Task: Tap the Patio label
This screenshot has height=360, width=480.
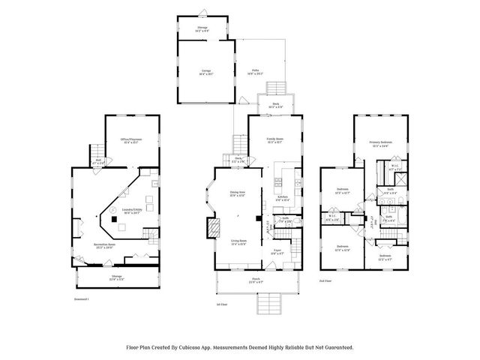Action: [x=255, y=72]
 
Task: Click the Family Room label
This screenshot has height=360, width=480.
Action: [x=275, y=139]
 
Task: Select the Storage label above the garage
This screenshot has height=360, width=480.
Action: [x=202, y=27]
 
